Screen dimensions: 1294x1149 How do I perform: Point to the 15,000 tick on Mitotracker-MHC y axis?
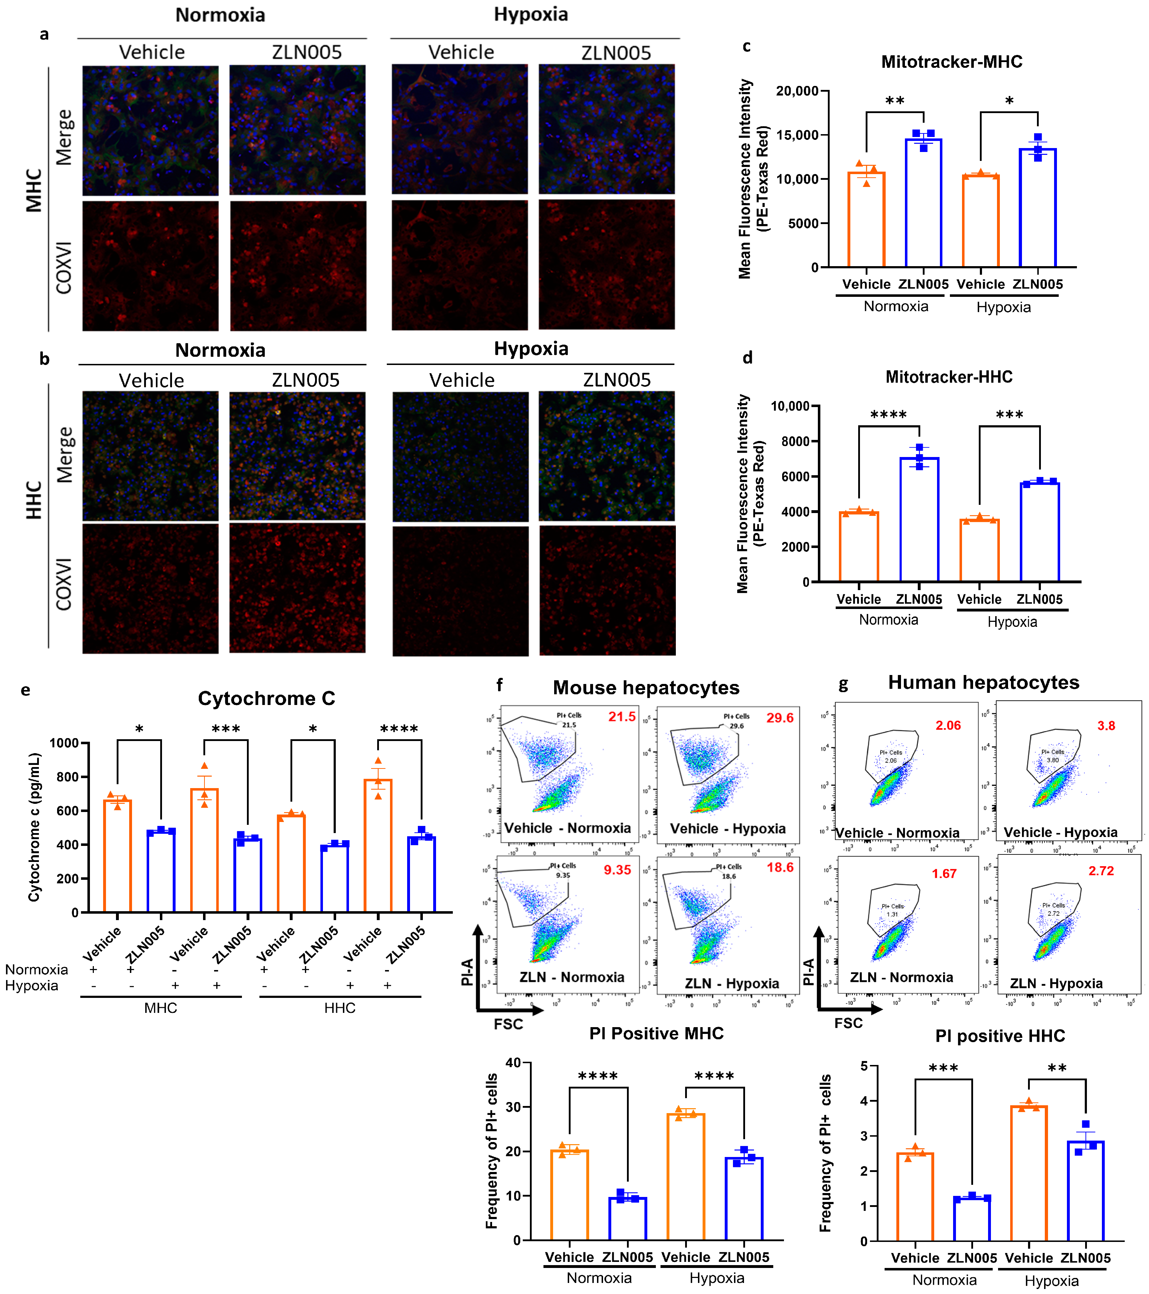coord(797,135)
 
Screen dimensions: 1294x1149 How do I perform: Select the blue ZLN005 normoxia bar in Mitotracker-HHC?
coord(918,519)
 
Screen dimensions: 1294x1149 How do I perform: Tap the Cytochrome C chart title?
coord(267,698)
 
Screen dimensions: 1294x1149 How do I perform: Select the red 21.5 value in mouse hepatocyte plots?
coord(622,717)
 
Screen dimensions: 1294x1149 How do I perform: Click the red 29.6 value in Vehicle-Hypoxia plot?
coord(779,718)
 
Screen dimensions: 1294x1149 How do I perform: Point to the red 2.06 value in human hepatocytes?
coord(948,726)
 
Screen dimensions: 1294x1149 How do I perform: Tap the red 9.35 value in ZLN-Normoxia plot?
coord(617,870)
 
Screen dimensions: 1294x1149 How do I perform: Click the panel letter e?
coord(25,690)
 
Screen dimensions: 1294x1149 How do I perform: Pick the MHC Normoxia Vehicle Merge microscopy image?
coord(150,131)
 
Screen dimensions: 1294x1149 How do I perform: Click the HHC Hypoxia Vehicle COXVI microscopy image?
coord(460,591)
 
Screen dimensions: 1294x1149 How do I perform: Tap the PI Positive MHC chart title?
coord(656,1034)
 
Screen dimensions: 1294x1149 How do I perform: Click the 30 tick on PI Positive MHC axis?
coord(513,1107)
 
